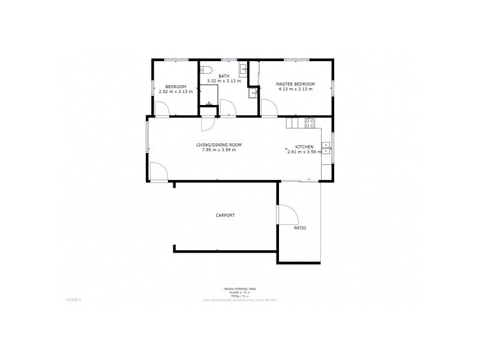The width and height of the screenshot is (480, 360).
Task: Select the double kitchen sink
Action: pos(326,148)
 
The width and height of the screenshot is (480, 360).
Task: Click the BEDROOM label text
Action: pos(176,87)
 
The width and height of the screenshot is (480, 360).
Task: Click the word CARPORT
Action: pos(225,215)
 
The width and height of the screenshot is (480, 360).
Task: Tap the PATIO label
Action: pos(300,228)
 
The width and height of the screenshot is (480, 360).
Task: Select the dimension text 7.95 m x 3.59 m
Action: pos(219,150)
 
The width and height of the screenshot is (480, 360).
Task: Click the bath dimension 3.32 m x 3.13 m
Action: pos(223,81)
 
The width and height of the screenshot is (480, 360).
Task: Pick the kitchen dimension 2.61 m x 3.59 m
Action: pos(304,152)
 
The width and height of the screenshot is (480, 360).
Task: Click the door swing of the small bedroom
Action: pos(162,109)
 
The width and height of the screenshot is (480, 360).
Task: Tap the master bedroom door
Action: pos(268,108)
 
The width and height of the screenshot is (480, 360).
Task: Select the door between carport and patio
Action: pos(286,214)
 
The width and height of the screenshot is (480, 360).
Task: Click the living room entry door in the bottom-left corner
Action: pos(158,172)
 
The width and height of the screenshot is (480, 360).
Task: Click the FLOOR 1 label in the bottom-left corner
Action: pos(73,298)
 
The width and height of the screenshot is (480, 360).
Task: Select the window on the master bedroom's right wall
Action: pos(332,88)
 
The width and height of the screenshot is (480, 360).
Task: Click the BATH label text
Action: pos(223,76)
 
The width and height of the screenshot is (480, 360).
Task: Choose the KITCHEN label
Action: pos(303,147)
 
